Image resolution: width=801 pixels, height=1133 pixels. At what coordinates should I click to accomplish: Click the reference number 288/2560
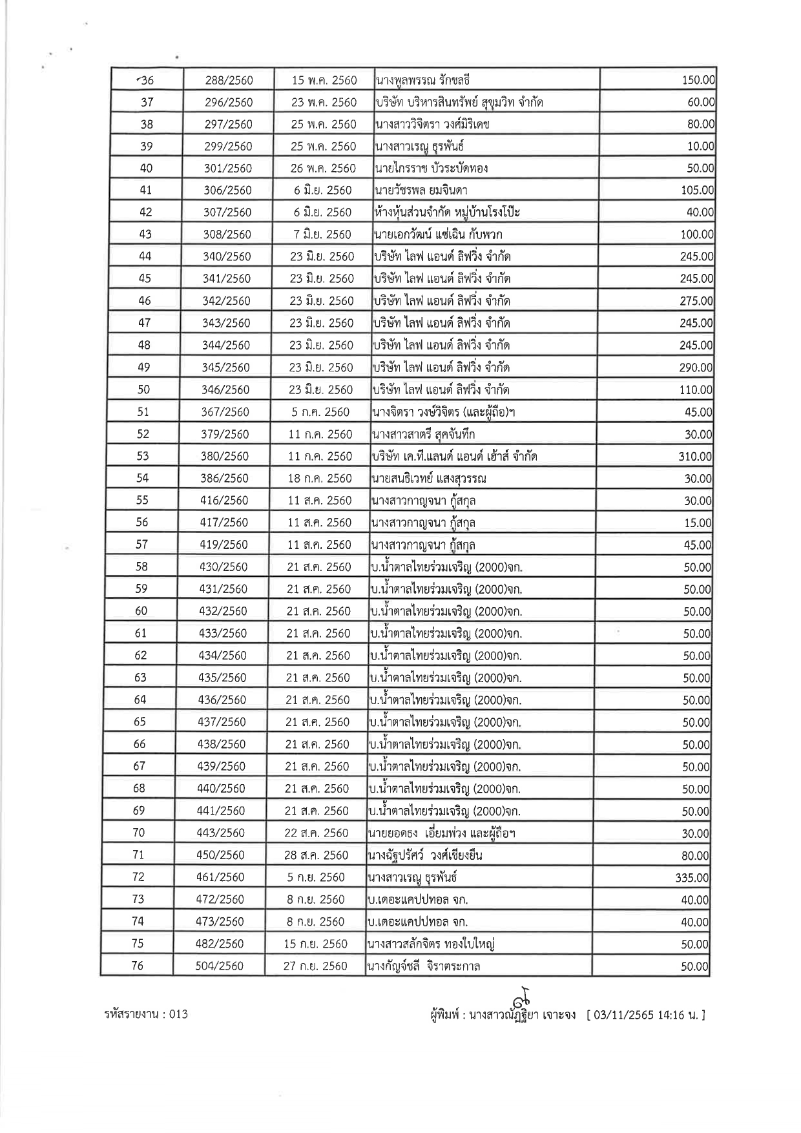[x=229, y=80]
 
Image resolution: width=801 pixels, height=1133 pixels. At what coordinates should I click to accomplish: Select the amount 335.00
[x=692, y=878]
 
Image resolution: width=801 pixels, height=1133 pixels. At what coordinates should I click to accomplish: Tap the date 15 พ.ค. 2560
[x=324, y=80]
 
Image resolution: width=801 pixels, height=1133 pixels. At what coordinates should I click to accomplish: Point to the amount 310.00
[x=695, y=457]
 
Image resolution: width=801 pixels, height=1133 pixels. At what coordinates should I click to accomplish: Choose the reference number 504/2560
[x=220, y=966]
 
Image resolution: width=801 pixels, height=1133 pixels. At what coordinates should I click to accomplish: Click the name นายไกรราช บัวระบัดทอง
[x=431, y=169]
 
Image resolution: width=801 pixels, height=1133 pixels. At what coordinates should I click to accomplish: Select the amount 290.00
[x=696, y=368]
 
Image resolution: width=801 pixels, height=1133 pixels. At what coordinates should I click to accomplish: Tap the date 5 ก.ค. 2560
[x=320, y=412]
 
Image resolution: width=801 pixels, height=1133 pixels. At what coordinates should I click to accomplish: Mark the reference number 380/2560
[x=224, y=456]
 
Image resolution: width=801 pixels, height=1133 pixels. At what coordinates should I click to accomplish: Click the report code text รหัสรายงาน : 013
[x=146, y=1014]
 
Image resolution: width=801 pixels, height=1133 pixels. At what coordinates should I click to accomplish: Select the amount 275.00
[x=696, y=301]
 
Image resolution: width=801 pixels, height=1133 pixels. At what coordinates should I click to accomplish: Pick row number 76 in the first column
[x=137, y=966]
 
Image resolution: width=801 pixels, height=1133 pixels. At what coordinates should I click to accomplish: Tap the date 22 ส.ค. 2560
[x=317, y=833]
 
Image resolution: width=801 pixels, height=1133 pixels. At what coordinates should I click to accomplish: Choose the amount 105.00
[x=697, y=191]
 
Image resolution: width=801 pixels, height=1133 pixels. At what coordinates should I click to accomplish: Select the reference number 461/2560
[x=220, y=877]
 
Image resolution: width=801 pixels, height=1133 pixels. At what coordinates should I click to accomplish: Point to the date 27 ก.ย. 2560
[x=315, y=966]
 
